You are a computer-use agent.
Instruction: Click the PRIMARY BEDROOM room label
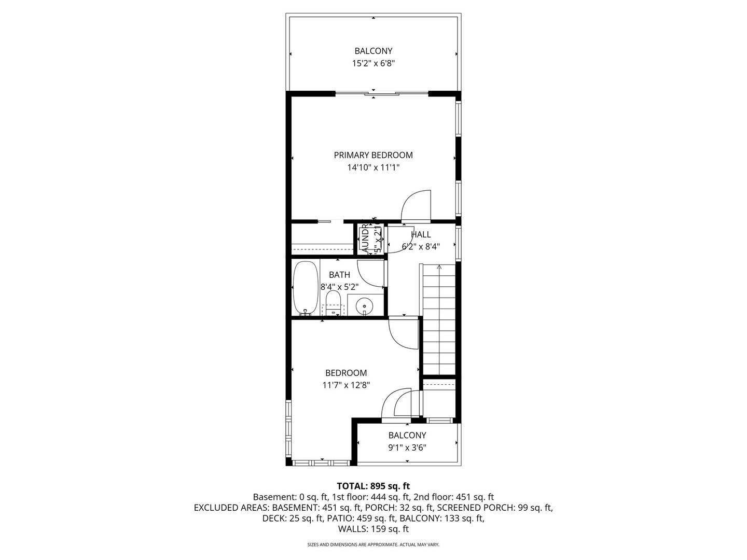[373, 155]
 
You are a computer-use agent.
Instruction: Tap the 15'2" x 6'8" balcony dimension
[373, 64]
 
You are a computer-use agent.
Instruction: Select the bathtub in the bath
[305, 288]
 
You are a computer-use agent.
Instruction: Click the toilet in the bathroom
[333, 304]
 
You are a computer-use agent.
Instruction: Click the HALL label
[421, 234]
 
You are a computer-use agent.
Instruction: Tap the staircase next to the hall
[439, 319]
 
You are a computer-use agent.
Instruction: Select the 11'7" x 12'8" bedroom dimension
[346, 385]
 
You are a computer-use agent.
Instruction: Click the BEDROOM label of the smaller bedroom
[346, 373]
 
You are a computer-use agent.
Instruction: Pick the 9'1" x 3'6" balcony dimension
[407, 448]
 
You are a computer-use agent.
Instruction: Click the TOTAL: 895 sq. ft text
[373, 486]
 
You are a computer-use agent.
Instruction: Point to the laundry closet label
[365, 239]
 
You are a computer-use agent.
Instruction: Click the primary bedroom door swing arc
[417, 204]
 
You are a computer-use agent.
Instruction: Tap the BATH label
[339, 275]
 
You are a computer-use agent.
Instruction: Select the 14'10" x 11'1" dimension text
[373, 167]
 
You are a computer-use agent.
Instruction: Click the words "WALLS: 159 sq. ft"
[373, 529]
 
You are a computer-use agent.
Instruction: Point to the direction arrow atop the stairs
[439, 267]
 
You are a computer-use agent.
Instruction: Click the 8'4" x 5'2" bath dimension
[339, 286]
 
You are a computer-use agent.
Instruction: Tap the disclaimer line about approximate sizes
[373, 545]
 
